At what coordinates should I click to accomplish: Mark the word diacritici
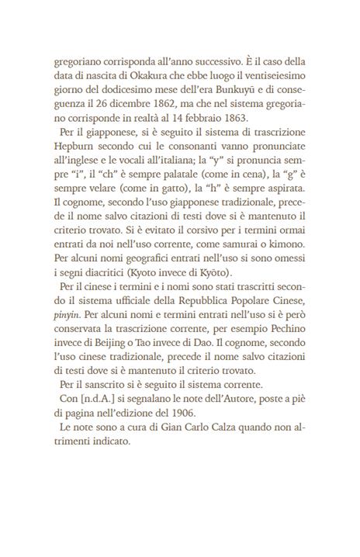[110, 278]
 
